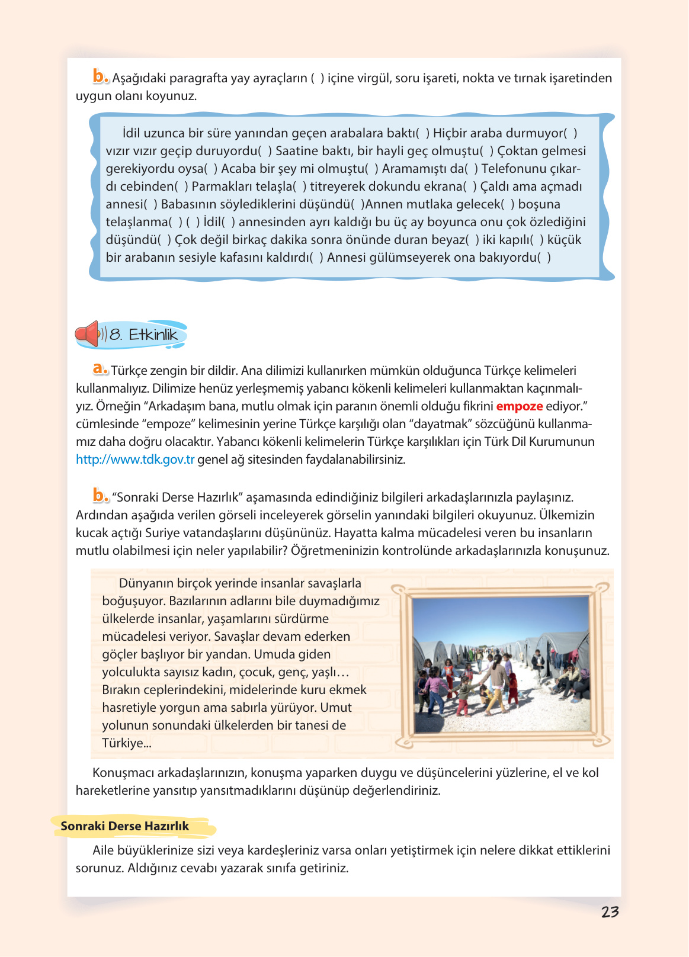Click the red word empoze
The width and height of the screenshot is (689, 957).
point(519,406)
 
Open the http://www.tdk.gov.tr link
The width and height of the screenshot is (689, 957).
point(135,460)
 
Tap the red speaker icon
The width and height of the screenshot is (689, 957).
point(87,334)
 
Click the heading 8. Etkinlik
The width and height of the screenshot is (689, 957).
point(144,335)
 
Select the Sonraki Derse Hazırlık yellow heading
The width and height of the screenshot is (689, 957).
point(124,826)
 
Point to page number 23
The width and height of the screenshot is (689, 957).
point(610,912)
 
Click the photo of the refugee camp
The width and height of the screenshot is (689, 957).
point(501,664)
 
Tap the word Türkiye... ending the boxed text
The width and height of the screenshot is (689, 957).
point(126,743)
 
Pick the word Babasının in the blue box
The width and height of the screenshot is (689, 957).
point(188,204)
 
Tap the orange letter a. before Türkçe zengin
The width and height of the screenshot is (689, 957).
point(100,370)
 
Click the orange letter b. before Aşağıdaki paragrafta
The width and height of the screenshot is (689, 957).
point(100,77)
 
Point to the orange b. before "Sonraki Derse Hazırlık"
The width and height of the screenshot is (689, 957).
point(100,496)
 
